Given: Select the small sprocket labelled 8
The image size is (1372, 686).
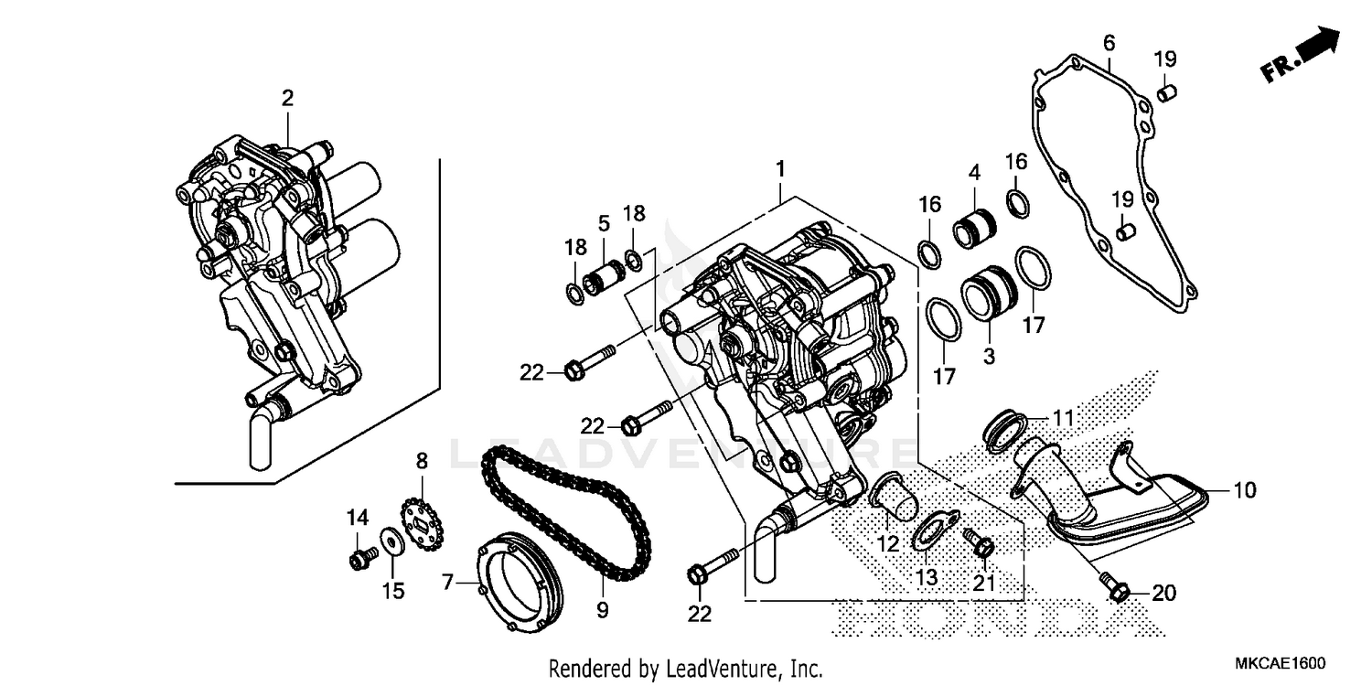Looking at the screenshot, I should pyautogui.click(x=422, y=525).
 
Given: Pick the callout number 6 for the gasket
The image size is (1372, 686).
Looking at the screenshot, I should pyautogui.click(x=1109, y=43).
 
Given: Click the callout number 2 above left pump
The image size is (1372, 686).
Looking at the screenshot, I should pyautogui.click(x=287, y=98).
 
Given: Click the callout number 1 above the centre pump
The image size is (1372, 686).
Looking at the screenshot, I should pyautogui.click(x=779, y=169).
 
